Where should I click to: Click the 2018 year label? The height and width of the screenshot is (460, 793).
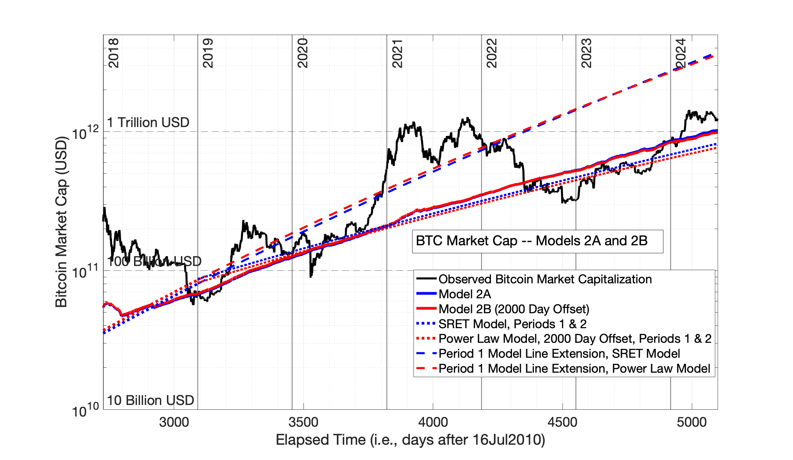click(x=113, y=53)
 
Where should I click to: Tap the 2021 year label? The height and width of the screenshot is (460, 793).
click(x=397, y=53)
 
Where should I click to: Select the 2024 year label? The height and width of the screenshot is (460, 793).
click(x=681, y=53)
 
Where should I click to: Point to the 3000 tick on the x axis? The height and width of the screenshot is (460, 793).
click(x=174, y=422)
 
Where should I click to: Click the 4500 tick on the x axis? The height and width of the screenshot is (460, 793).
click(x=562, y=422)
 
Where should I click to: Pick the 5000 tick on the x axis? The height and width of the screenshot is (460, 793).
click(x=691, y=422)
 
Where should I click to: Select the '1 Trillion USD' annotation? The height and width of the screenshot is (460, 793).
click(x=148, y=123)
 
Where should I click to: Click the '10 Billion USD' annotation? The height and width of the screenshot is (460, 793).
click(x=150, y=401)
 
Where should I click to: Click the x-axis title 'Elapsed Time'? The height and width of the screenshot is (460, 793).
click(x=410, y=440)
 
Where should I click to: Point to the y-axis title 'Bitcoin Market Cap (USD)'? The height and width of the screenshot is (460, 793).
click(x=61, y=222)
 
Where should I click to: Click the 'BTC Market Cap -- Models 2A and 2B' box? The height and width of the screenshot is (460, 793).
click(x=537, y=241)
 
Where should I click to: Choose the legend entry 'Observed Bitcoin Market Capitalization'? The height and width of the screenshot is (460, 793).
click(x=545, y=279)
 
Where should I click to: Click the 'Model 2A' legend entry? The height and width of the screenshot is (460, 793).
click(x=464, y=294)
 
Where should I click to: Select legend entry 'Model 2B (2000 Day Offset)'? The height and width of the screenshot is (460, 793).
click(x=514, y=309)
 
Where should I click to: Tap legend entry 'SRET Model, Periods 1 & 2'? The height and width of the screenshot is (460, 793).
click(x=512, y=324)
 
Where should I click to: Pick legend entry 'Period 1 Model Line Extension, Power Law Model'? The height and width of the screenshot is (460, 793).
click(x=574, y=369)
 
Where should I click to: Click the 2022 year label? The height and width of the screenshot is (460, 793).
click(x=492, y=53)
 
